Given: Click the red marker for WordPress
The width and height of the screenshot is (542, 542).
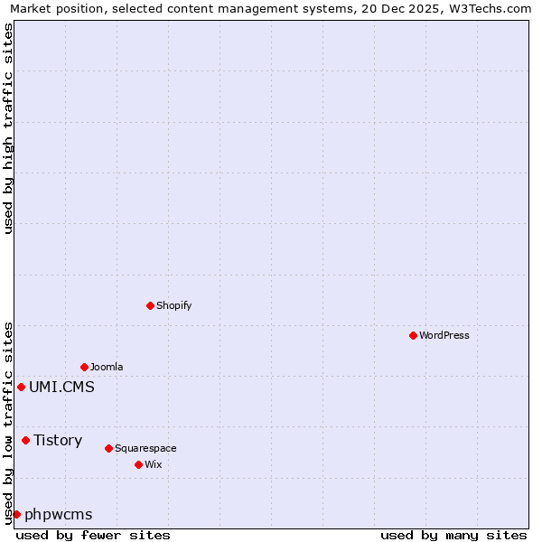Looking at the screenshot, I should pos(413,335).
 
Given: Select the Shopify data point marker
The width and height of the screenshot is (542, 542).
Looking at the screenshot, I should pos(150,305).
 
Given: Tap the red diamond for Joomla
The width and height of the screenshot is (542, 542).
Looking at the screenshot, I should pos(84,367).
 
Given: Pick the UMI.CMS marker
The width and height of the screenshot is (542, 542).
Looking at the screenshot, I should pos(21,387).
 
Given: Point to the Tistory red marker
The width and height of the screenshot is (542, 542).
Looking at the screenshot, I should pos(25,440).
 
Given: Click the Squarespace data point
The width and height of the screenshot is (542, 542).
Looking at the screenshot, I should pos(108,448).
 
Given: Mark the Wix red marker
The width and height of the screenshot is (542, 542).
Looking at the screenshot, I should pos(138,464).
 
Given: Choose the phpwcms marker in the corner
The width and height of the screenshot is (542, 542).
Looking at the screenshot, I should pos(16,514).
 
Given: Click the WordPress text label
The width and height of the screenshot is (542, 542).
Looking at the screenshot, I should pos(444,335).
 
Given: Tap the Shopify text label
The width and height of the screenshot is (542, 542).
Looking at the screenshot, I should pos(174,305).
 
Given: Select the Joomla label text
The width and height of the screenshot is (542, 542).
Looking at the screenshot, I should pos(107,367).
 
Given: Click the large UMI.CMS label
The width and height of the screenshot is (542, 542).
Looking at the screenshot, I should pos(61,387).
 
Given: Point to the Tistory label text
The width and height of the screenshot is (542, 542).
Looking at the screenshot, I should pos(58,440).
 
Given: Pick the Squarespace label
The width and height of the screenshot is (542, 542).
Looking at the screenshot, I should pos(145,448).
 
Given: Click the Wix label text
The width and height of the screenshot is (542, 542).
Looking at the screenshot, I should pos(153,464).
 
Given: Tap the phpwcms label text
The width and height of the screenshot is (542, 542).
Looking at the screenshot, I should pos(59,514).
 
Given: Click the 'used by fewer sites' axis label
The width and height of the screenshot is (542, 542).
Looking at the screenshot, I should pos(93,535).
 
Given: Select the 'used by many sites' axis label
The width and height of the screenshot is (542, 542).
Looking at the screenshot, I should pos(453,535).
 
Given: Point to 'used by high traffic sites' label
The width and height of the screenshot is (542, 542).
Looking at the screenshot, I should pos(8,128).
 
